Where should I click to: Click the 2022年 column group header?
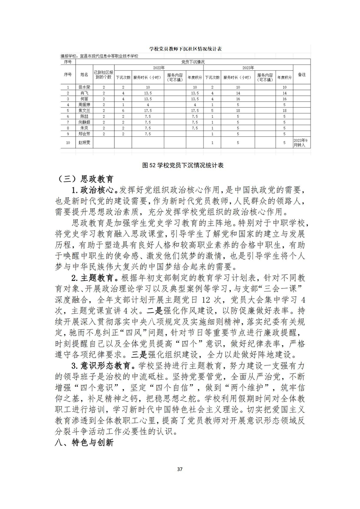pos(159,68)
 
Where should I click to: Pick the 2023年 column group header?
pos(248,68)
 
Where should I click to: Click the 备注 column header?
pos(302,75)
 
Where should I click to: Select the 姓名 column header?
pos(84,75)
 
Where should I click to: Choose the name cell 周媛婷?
pos(84,104)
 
